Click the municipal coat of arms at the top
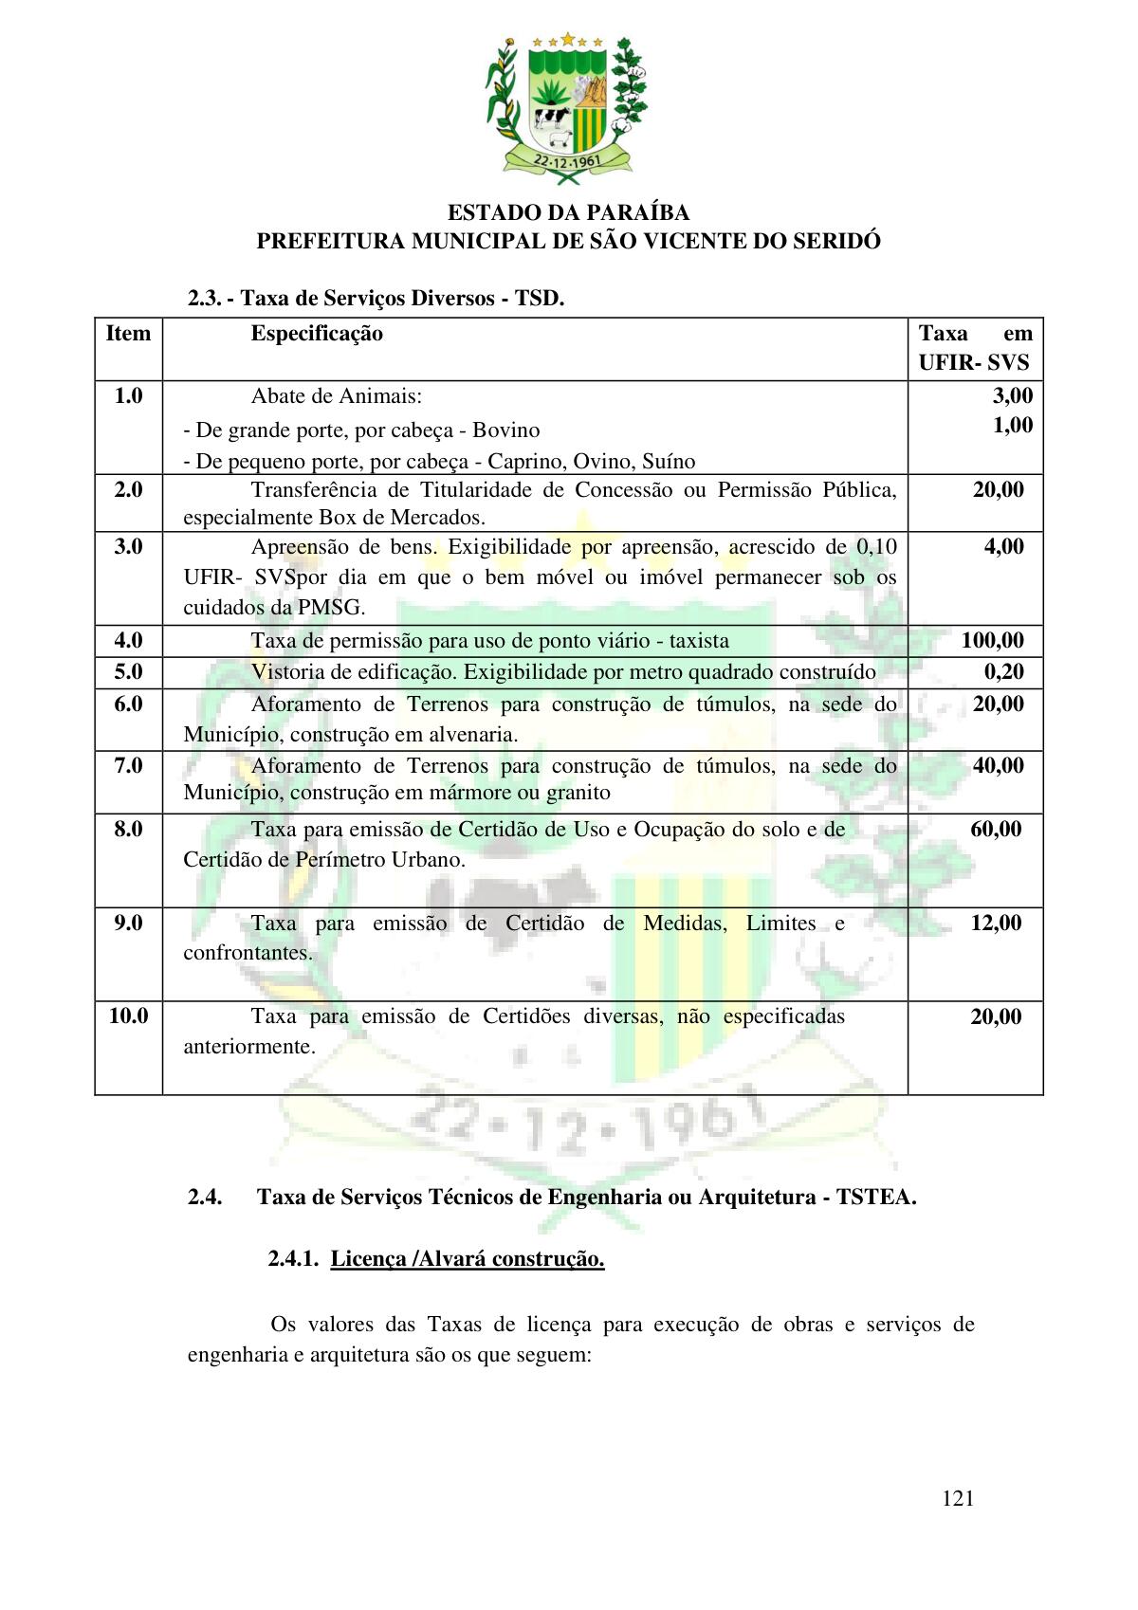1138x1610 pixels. click(x=567, y=107)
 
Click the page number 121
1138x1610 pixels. click(x=959, y=1499)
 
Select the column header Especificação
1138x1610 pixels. click(x=317, y=334)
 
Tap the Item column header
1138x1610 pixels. click(x=128, y=334)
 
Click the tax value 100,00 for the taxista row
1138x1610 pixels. click(x=992, y=640)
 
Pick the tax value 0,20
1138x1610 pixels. click(x=1003, y=671)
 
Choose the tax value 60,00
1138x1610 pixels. click(x=996, y=829)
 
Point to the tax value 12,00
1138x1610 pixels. click(x=996, y=923)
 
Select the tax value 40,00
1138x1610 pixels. click(x=998, y=765)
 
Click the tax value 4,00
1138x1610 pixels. click(x=1003, y=546)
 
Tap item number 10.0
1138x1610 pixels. click(x=128, y=1016)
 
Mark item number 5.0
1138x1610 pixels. click(x=128, y=671)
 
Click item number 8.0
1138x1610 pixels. click(x=128, y=829)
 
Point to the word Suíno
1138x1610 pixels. click(x=669, y=462)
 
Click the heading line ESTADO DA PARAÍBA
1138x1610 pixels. click(x=568, y=212)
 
